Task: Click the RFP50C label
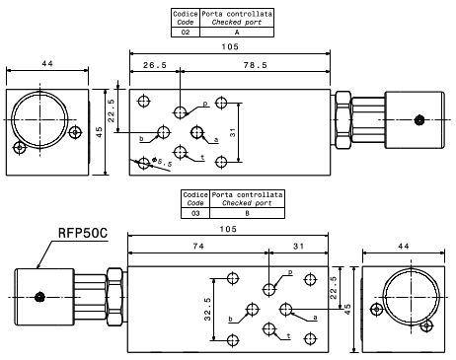point(83,233)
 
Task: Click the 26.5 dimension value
point(155,65)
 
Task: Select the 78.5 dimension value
point(255,65)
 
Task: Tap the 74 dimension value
point(198,246)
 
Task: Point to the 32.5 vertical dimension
point(207,309)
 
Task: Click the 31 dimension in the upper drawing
point(233,132)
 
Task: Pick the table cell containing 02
point(186,33)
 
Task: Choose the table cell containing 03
point(195,213)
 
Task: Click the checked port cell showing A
point(237,33)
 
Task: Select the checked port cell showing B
point(247,213)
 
